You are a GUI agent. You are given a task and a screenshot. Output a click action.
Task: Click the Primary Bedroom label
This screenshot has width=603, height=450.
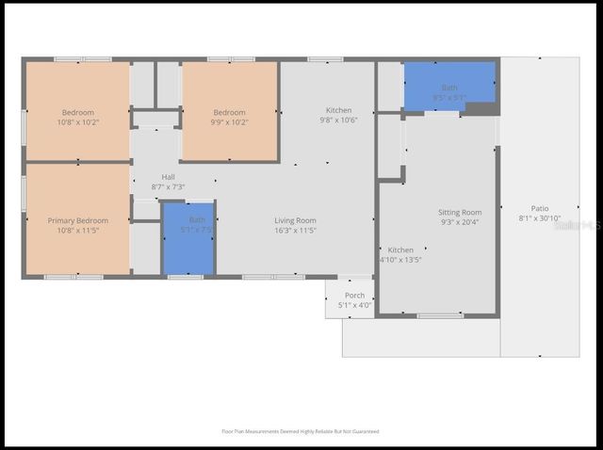pos(78,220)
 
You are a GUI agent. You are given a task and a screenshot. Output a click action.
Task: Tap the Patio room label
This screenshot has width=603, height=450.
pos(540,209)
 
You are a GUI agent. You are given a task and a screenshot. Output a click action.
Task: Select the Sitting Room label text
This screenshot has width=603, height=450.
pos(460,213)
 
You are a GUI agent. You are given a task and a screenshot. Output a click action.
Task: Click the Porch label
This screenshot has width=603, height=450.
pos(354,296)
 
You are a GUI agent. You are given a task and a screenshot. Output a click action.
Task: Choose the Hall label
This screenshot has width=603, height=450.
pos(168,177)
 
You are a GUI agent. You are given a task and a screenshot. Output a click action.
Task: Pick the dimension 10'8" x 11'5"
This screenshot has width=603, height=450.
pos(78,230)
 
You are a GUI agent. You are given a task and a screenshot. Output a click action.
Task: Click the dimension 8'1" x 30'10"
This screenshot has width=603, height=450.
pos(540,218)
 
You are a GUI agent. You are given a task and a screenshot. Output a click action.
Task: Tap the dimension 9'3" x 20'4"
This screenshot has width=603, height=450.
pos(460,222)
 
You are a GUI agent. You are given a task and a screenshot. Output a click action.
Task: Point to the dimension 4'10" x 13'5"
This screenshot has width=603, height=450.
pos(400,260)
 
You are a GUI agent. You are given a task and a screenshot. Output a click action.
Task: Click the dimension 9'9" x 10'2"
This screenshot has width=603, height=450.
pos(229,121)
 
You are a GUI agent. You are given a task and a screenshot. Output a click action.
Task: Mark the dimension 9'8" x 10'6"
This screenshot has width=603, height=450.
pos(339,121)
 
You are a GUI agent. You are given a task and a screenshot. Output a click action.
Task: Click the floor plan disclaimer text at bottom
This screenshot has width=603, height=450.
pos(300,431)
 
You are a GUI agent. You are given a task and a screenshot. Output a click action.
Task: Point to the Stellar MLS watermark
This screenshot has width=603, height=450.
pos(577,226)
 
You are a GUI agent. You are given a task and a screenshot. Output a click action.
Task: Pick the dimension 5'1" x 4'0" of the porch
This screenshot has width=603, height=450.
pos(354,305)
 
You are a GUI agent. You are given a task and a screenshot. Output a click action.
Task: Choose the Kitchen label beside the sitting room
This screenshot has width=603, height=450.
pos(400,250)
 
